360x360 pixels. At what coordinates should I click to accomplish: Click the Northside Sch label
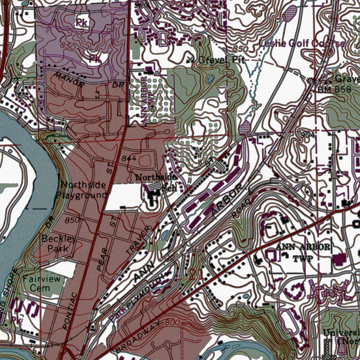tap(156, 182)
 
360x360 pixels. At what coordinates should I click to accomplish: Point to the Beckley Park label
tap(58, 243)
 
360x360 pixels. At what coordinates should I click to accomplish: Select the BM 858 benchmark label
tap(334, 90)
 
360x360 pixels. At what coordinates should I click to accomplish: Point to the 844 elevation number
tap(129, 159)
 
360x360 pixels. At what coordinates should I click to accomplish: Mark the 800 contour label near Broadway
tap(172, 322)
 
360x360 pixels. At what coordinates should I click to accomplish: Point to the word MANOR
tap(69, 79)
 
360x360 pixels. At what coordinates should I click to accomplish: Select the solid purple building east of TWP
tap(339, 259)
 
